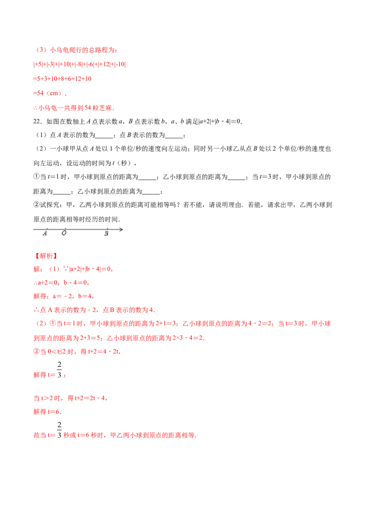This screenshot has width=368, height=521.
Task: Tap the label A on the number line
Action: click(45, 233)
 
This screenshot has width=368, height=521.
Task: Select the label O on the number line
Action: click(64, 233)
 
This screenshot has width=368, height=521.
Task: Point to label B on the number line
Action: click(106, 234)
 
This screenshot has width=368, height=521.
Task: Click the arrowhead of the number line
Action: click(121, 229)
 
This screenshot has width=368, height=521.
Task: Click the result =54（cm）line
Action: click(50, 93)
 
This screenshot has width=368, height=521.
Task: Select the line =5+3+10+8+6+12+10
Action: click(63, 79)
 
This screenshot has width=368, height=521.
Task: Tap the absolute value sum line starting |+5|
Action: click(80, 64)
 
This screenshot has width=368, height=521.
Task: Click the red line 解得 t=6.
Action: click(47, 412)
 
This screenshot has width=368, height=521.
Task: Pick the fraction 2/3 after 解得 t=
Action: click(59, 370)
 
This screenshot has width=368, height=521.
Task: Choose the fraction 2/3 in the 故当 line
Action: click(59, 430)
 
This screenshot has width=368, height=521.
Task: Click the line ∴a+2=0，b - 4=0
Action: click(61, 283)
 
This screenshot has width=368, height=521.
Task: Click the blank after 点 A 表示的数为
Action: click(104, 135)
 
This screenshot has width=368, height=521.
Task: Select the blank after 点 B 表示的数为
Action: click(174, 135)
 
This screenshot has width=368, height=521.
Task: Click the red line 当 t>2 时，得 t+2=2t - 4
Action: click(70, 398)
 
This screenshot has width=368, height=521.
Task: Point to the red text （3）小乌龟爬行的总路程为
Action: click(76, 50)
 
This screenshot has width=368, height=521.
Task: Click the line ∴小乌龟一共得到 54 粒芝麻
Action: click(74, 108)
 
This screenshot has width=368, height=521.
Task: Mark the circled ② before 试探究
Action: click(36, 205)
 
